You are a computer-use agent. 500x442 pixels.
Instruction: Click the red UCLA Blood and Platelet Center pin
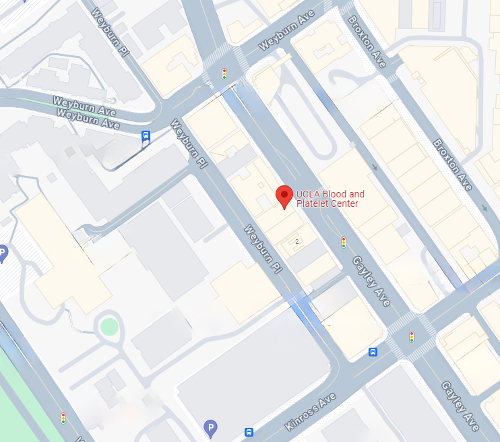tap(284, 197)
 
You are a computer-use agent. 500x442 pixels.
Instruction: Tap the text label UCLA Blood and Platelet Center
tap(330, 199)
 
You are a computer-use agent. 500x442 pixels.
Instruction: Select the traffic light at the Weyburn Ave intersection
tap(224, 73)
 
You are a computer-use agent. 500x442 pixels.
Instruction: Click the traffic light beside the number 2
tap(343, 242)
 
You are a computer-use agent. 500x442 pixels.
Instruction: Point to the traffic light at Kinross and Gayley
tap(411, 336)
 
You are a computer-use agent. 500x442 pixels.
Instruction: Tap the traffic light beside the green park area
tap(63, 418)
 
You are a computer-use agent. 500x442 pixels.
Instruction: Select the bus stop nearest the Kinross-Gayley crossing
tap(373, 352)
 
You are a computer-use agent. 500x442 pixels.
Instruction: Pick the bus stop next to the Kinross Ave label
tap(249, 432)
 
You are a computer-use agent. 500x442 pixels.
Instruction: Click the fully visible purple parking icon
tap(210, 427)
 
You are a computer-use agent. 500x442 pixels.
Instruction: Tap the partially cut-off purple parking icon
tap(2, 253)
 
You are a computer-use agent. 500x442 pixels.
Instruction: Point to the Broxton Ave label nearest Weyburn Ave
tap(367, 41)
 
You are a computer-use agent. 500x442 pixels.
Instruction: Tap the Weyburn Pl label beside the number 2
tap(262, 249)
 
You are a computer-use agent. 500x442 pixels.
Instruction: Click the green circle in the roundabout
tap(109, 327)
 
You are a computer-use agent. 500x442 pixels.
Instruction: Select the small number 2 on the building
tap(296, 241)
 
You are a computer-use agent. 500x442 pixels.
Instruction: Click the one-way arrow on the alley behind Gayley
tap(374, 167)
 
